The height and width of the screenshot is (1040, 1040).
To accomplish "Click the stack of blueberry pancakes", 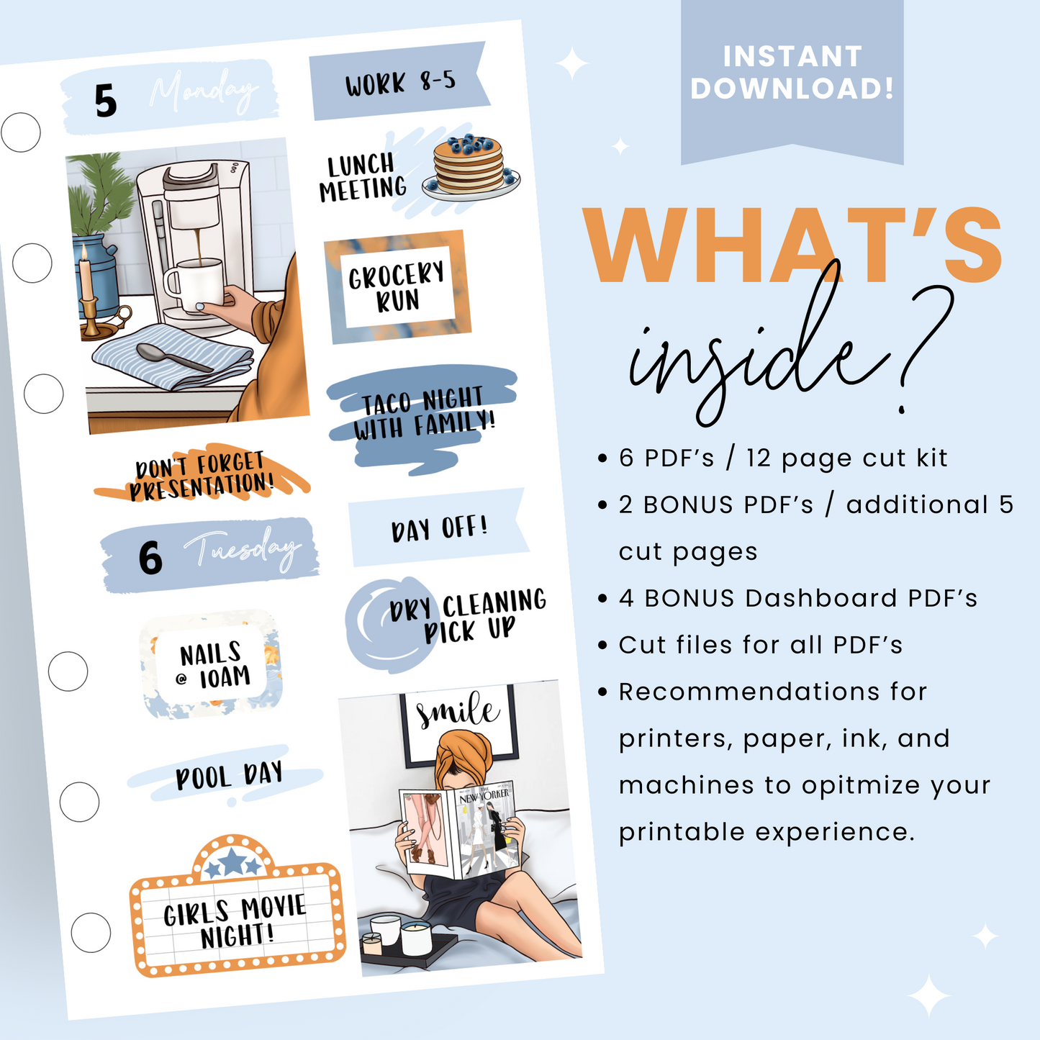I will (469, 168).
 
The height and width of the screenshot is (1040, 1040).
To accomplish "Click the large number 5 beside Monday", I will (105, 101).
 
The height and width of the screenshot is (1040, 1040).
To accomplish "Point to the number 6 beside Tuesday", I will (150, 558).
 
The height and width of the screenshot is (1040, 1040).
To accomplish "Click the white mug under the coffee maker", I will (194, 284).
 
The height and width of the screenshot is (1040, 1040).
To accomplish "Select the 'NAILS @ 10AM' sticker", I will (213, 665).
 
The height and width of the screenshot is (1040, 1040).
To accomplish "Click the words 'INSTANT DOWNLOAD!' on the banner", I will (792, 73).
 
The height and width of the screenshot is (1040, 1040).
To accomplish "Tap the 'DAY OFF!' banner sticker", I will (438, 528).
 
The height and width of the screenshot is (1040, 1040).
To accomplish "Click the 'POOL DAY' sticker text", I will (229, 777).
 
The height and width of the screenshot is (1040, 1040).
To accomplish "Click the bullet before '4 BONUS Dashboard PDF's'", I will (603, 599).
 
